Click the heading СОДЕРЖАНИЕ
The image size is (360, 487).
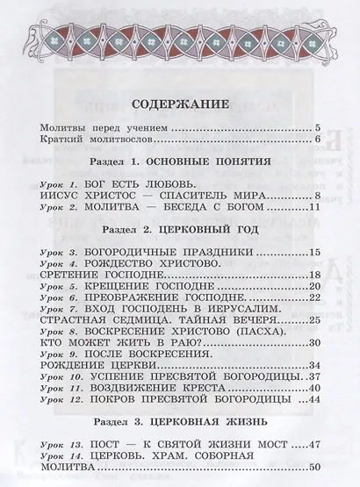(x=180, y=106)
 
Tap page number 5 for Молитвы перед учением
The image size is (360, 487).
(x=317, y=129)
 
